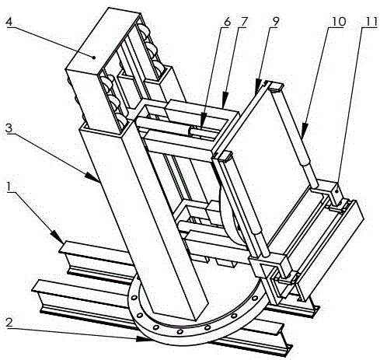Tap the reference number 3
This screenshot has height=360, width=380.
point(9,128)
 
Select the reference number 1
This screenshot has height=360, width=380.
point(9,187)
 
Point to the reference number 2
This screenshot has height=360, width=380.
point(9,322)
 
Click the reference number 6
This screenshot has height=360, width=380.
point(227,22)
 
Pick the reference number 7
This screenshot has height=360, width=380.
point(245,22)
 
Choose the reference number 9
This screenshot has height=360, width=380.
point(275,22)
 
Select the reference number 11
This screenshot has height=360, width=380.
point(371,22)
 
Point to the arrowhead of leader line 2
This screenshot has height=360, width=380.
point(144,339)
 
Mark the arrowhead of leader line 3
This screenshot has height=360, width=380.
point(92,177)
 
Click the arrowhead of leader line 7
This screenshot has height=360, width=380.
point(225,101)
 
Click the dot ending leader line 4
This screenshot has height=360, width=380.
point(94,58)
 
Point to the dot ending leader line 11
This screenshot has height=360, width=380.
point(336,190)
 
